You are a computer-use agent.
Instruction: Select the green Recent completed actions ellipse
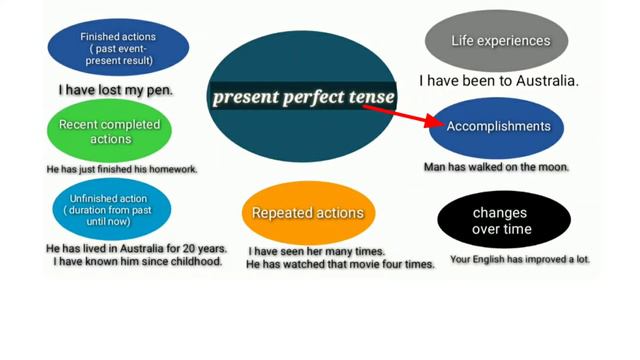click(x=110, y=131)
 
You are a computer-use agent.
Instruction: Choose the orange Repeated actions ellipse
click(x=307, y=213)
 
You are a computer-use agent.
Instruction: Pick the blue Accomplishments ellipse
click(x=498, y=126)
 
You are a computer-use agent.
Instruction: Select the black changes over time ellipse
click(x=504, y=220)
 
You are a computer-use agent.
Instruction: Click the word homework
click(x=172, y=169)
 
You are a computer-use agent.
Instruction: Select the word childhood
click(x=193, y=262)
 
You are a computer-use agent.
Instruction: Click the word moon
click(x=553, y=167)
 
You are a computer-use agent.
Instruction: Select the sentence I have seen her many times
click(x=316, y=251)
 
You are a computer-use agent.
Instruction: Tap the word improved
click(x=549, y=259)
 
